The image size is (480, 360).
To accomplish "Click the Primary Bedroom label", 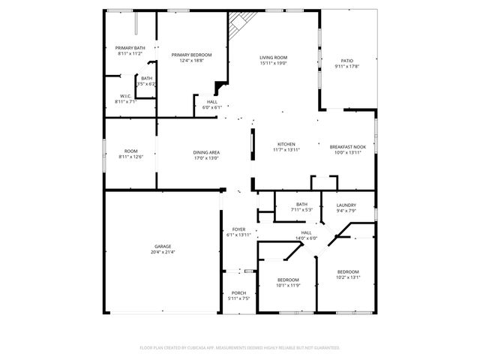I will [191, 55].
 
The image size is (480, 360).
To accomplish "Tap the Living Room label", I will [274, 57].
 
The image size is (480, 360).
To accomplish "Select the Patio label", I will [346, 61].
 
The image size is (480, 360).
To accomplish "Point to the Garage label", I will [163, 246].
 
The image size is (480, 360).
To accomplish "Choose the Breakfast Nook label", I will [347, 146].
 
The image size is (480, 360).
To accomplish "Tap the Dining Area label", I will [206, 152].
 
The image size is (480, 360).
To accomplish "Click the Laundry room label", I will [346, 205].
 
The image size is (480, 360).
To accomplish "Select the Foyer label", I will [238, 229].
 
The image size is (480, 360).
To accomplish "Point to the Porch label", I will [238, 292].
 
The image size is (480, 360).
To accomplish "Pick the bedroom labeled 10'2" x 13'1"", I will [347, 271].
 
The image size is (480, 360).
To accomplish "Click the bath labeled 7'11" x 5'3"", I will [301, 204].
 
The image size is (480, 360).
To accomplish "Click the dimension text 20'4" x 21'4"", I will [163, 252].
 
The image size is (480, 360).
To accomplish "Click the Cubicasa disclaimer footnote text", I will [240, 347].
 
